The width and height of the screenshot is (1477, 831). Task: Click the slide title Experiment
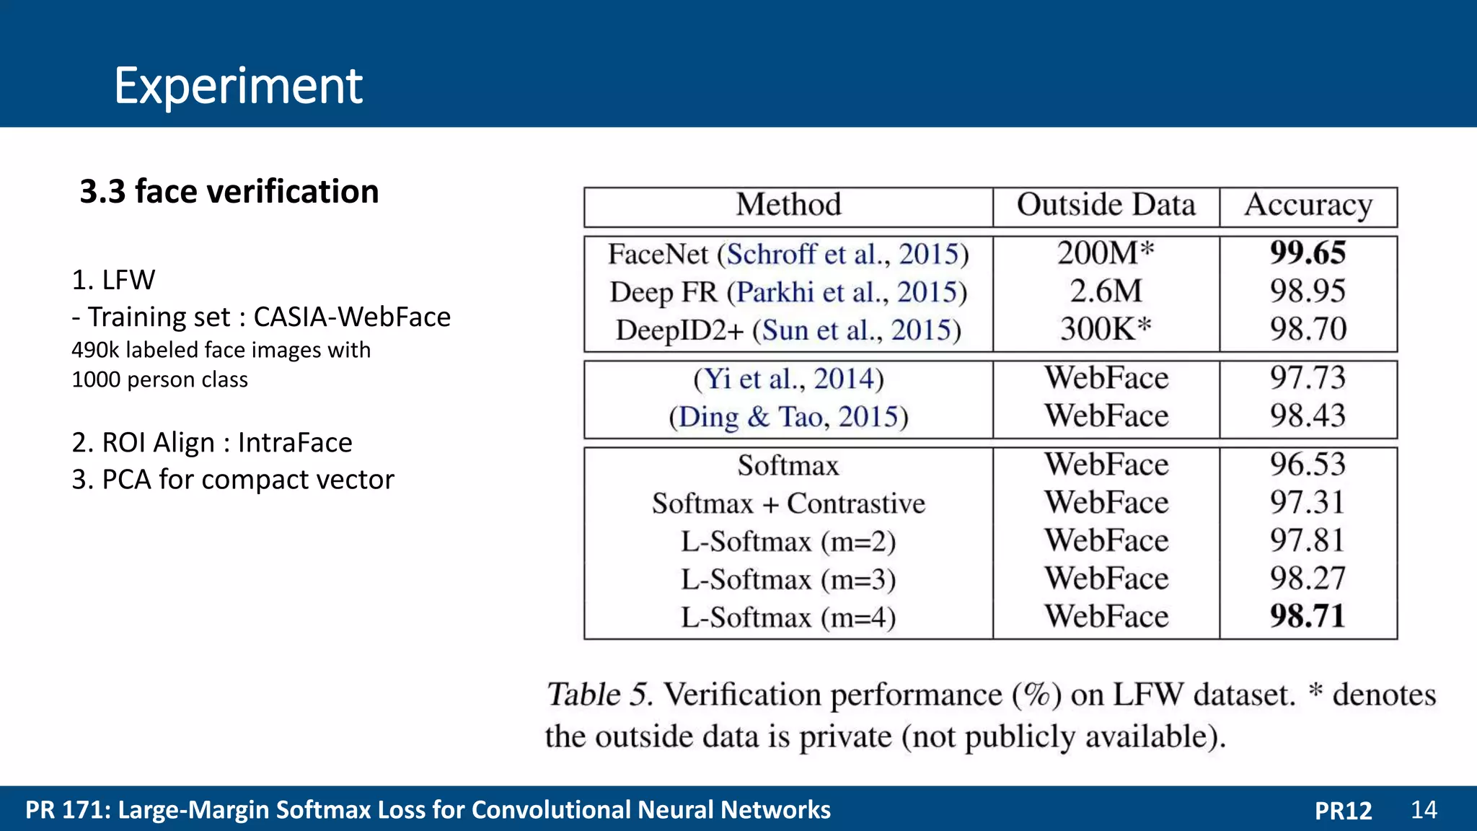pos(238,86)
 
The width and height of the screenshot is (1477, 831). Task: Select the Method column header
pos(788,205)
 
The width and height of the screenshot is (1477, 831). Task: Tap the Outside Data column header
pos(1106,205)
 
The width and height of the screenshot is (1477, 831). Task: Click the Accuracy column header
pos(1308,206)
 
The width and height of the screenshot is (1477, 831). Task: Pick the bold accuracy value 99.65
pos(1308,253)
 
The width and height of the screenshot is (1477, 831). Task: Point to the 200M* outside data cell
pos(1106,253)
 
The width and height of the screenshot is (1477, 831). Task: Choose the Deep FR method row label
pos(663,292)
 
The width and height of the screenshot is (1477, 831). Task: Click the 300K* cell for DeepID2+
pos(1106,330)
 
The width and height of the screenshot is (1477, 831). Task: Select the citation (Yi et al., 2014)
pos(788,379)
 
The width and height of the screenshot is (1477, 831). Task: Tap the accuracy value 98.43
pos(1308,416)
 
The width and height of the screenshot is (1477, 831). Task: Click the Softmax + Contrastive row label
pos(788,504)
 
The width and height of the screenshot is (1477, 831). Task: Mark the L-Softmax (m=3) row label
pos(788,579)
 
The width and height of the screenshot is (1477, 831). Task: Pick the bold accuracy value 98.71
pos(1308,617)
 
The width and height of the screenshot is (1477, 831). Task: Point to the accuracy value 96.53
pos(1308,465)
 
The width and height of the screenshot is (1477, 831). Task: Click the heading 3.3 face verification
pos(229,192)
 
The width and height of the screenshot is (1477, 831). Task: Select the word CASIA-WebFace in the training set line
pos(352,317)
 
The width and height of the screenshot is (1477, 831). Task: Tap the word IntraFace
pos(295,442)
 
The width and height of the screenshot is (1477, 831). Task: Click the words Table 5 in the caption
pos(599,695)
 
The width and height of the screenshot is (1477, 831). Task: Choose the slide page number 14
pos(1424,809)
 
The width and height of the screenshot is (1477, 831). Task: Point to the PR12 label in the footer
pos(1343,810)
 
